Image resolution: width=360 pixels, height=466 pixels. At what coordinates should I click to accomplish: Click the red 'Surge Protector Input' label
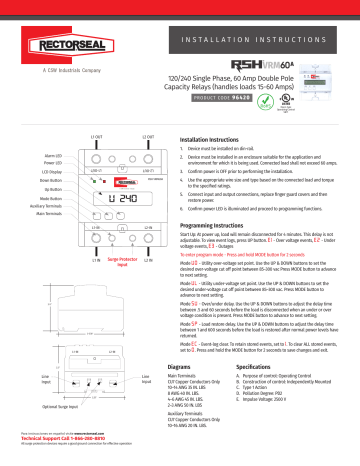(x=105, y=266)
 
